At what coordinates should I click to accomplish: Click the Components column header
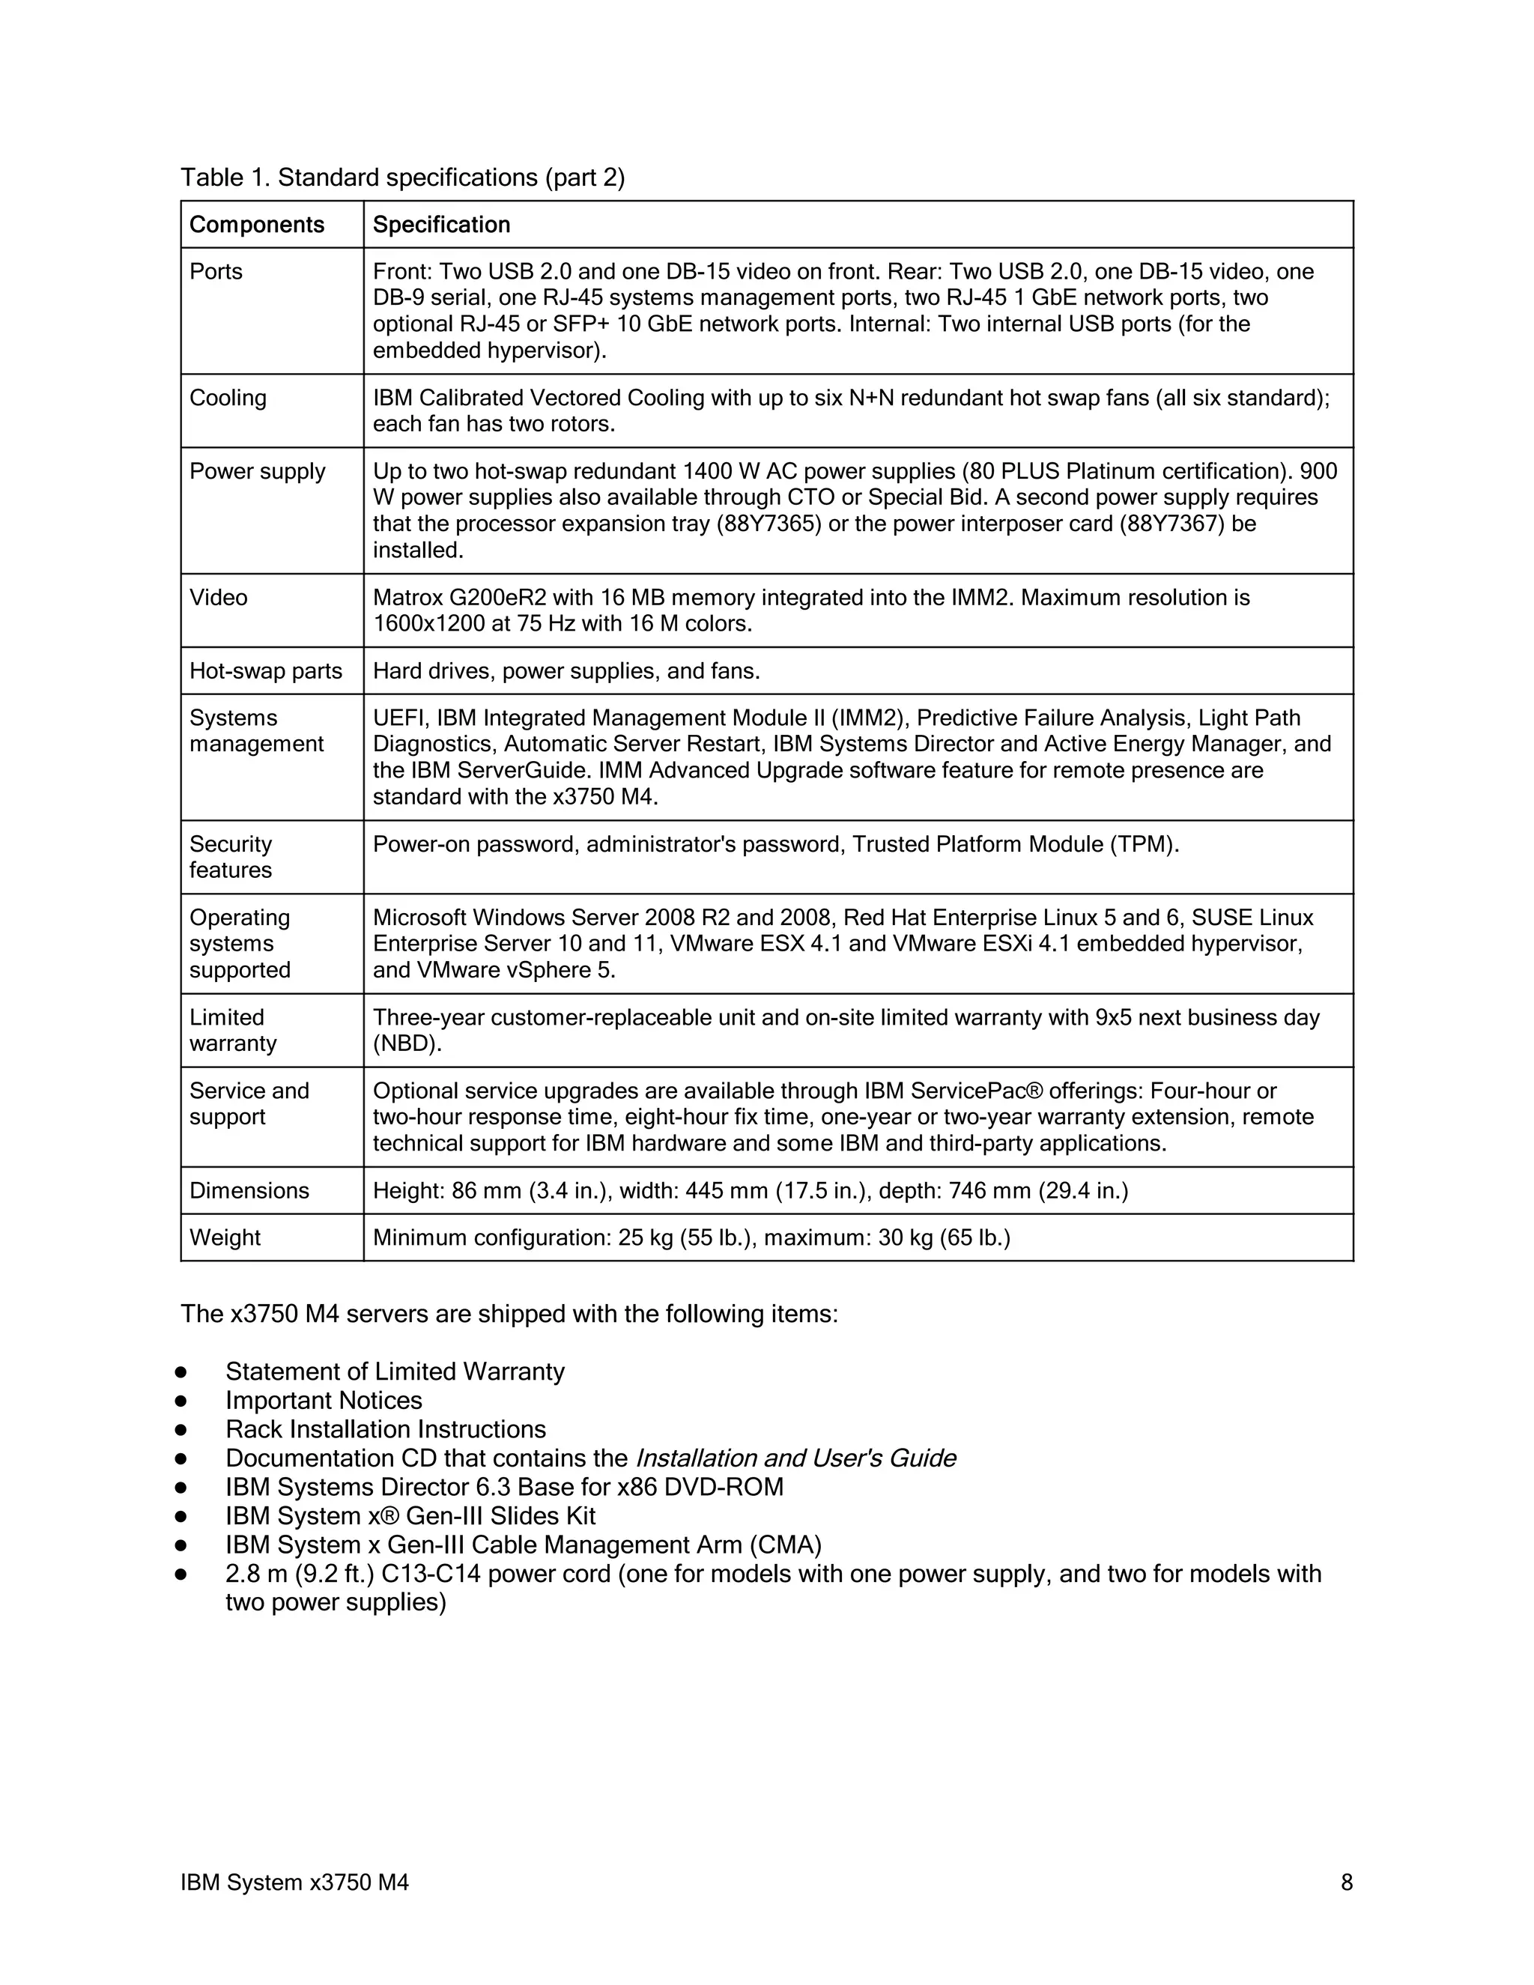pos(256,225)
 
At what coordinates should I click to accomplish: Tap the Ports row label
pos(216,272)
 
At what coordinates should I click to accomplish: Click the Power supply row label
pos(257,472)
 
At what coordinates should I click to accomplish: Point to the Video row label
pos(218,598)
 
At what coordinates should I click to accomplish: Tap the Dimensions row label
pos(249,1192)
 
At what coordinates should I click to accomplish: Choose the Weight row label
pos(225,1238)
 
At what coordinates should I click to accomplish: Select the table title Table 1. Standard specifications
pos(402,178)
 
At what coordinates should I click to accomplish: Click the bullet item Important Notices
pos(324,1401)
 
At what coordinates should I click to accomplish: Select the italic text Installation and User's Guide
pos(795,1458)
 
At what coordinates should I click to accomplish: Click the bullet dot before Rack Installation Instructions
pos(181,1430)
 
